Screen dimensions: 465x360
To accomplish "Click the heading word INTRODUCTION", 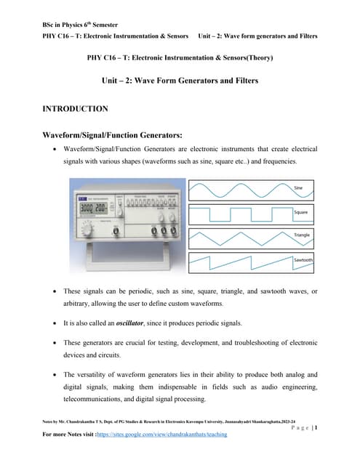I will click(76, 109).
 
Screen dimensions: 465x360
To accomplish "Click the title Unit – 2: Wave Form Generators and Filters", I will click(180, 82).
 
